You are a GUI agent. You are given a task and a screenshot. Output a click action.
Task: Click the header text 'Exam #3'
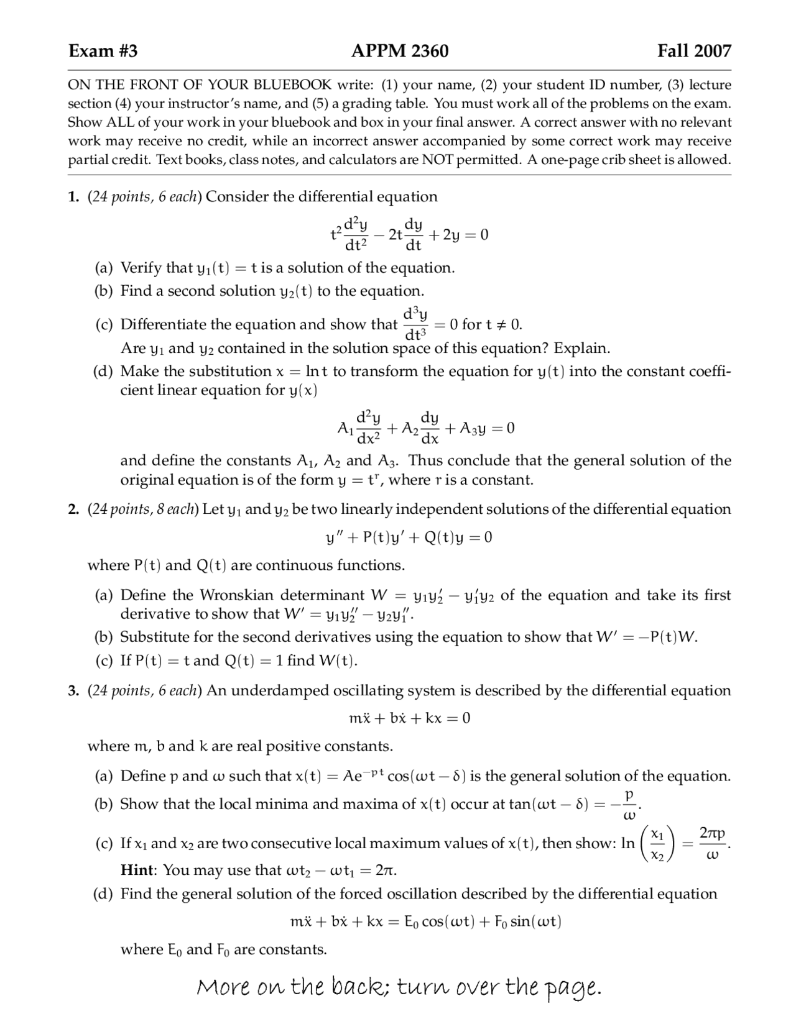click(103, 51)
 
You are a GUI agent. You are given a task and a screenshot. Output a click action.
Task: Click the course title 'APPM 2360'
click(399, 51)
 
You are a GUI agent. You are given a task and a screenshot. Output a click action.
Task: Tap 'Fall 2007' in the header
click(694, 51)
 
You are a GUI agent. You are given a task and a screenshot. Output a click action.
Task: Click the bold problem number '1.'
click(74, 197)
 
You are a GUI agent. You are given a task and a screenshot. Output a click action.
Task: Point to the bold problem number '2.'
click(74, 510)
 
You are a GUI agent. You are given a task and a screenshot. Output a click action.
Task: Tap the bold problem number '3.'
click(74, 691)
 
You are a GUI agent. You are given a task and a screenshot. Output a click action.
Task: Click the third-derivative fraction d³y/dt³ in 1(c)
click(415, 324)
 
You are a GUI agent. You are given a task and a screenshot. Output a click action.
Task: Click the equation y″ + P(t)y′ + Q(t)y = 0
click(409, 537)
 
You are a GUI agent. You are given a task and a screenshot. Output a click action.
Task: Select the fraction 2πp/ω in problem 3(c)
click(712, 843)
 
